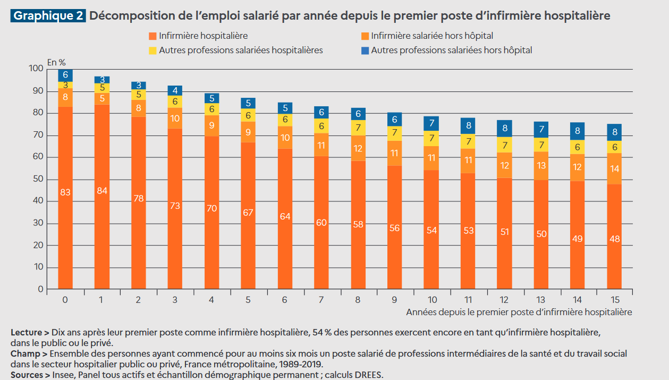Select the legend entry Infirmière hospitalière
tap(203, 36)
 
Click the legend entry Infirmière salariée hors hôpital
tap(432, 36)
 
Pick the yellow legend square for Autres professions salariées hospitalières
tap(153, 50)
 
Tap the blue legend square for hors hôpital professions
tap(365, 50)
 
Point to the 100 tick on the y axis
tap(36, 69)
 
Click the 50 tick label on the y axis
tap(38, 179)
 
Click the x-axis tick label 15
tap(614, 300)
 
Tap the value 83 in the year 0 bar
tap(65, 192)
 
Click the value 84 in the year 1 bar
tap(102, 190)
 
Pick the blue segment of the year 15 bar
tap(615, 132)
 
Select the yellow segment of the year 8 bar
tap(359, 128)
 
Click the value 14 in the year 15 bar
tap(615, 168)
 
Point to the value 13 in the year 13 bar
tap(541, 166)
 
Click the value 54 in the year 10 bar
tap(431, 230)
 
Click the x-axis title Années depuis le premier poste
tap(519, 312)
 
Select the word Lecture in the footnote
tap(26, 333)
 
